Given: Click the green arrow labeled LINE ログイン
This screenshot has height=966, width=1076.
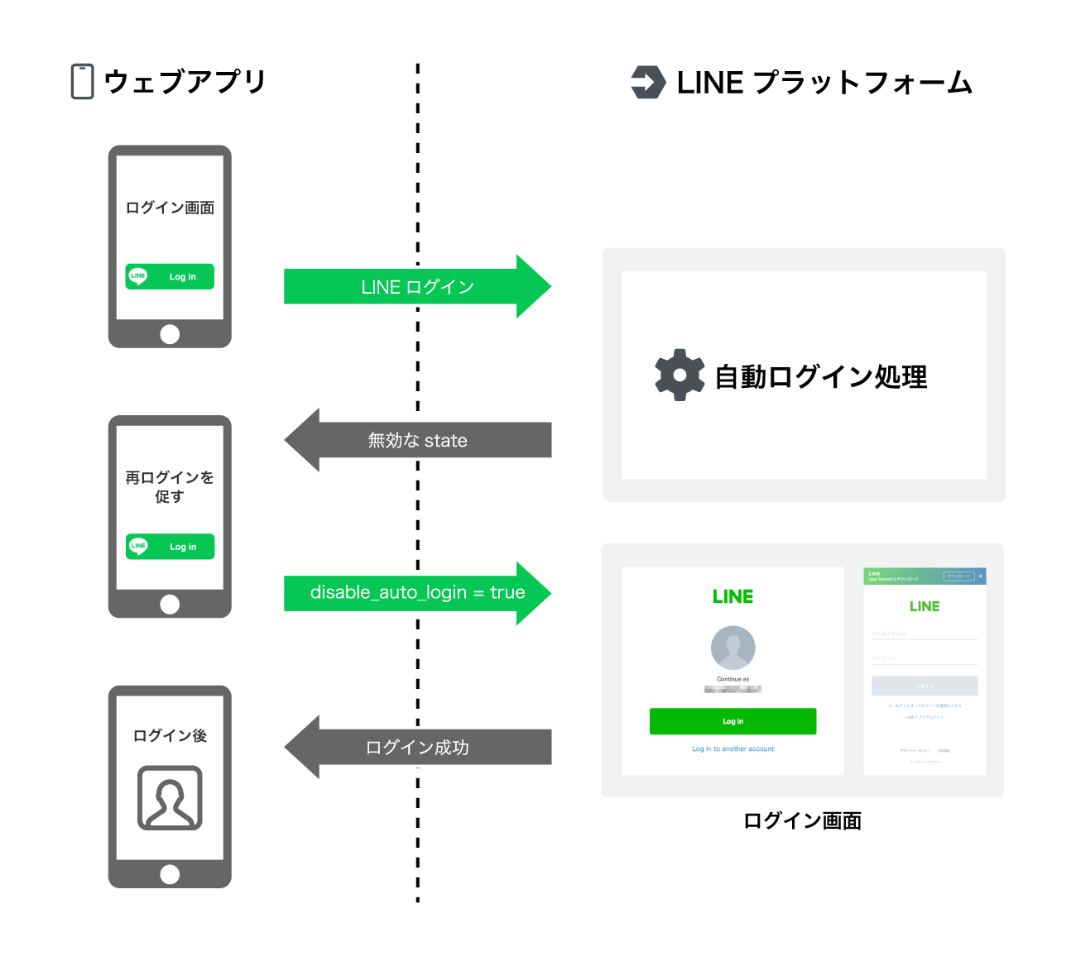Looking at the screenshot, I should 417,287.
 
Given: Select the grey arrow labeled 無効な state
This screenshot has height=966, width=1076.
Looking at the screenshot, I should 417,440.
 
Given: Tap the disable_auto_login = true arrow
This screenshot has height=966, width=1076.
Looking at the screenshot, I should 417,593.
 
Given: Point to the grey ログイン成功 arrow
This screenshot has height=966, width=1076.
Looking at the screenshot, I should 417,747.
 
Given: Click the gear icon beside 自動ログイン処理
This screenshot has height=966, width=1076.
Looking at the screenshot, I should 680,375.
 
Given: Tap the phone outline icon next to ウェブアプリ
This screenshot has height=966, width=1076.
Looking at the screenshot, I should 82,82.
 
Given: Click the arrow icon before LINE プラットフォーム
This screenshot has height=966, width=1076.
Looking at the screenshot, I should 648,82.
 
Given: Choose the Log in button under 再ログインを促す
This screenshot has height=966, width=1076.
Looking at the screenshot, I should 170,547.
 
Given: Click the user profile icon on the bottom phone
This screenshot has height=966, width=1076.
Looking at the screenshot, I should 170,798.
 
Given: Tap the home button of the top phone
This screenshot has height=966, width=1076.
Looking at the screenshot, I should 170,334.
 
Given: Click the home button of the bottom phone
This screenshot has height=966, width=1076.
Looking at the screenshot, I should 170,874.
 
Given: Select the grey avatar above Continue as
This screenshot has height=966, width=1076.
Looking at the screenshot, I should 733,648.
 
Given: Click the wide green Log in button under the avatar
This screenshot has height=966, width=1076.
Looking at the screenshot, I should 733,721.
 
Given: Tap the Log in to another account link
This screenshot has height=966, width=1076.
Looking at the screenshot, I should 733,749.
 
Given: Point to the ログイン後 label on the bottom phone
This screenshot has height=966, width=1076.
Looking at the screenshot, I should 170,735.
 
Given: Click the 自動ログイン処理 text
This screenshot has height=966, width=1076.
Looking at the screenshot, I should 820,376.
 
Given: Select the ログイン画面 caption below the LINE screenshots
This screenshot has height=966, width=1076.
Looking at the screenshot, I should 802,820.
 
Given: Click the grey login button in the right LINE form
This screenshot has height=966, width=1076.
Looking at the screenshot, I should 925,686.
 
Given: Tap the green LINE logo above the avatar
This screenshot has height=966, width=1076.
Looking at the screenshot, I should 733,596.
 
